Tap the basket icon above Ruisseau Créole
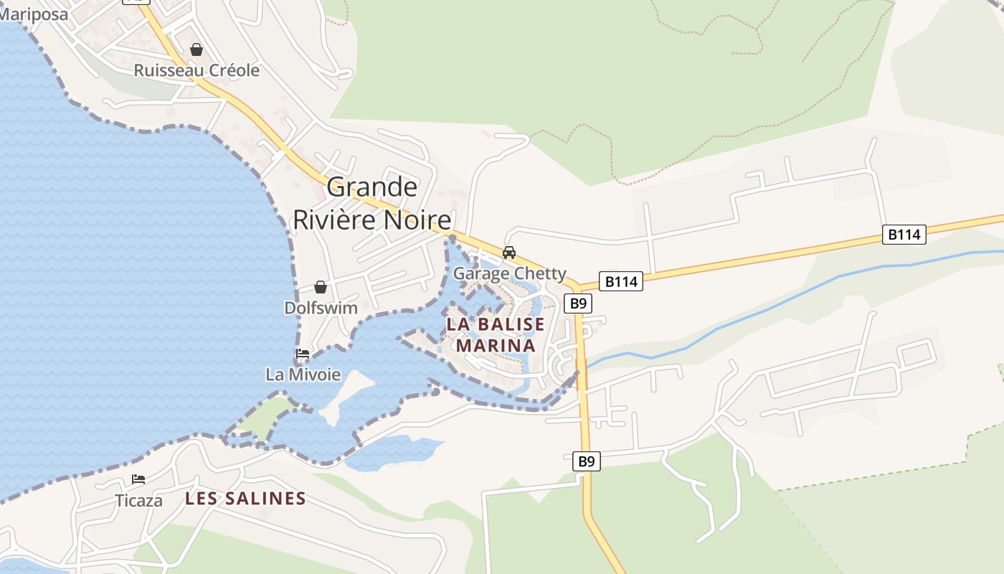(x=196, y=50)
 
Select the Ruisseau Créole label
(x=196, y=70)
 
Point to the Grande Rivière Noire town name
(x=372, y=204)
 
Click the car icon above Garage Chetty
(x=509, y=253)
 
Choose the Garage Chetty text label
(x=509, y=273)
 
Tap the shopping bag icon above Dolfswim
(x=321, y=287)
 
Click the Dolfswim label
(x=321, y=308)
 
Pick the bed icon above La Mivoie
(x=303, y=354)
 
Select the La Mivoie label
(x=303, y=374)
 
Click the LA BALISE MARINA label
(x=496, y=335)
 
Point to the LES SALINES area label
(x=245, y=498)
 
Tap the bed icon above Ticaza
(x=138, y=479)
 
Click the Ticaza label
(x=138, y=500)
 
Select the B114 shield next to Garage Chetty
(x=621, y=282)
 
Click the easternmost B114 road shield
(x=904, y=235)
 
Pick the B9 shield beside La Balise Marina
(x=578, y=304)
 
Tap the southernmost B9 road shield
(x=587, y=461)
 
